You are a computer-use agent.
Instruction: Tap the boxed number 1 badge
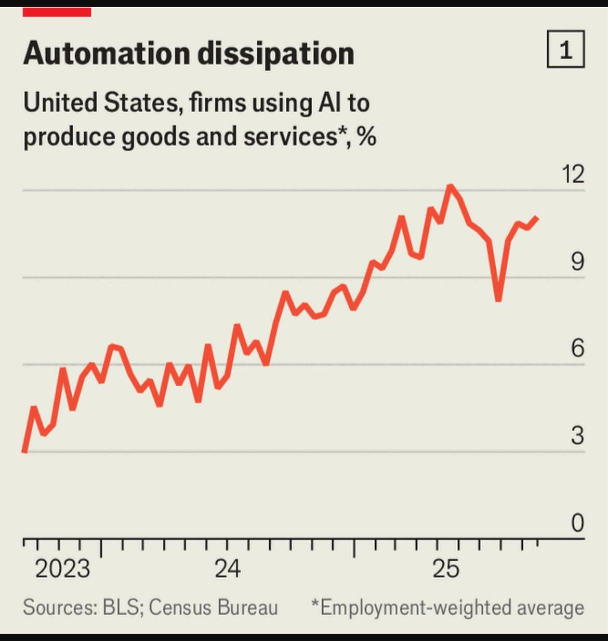coord(565,50)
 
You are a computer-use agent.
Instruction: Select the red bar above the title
coord(57,12)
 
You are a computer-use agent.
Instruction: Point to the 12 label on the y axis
coord(573,174)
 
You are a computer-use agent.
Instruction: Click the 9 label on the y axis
coord(577,261)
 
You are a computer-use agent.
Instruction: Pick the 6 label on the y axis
coord(577,348)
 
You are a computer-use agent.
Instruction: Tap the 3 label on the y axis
coord(577,435)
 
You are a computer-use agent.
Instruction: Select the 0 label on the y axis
coord(577,523)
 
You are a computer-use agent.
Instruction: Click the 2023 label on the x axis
coord(62,569)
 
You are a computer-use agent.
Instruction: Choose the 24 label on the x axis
coord(228,569)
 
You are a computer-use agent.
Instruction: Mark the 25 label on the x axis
coord(446,569)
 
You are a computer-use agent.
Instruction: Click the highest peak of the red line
coord(450,186)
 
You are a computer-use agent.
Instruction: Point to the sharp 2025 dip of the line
coord(498,299)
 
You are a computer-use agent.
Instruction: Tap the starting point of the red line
coord(24,451)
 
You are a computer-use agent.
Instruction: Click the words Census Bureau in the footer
coord(213,607)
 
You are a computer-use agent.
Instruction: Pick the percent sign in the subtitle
coord(367,137)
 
